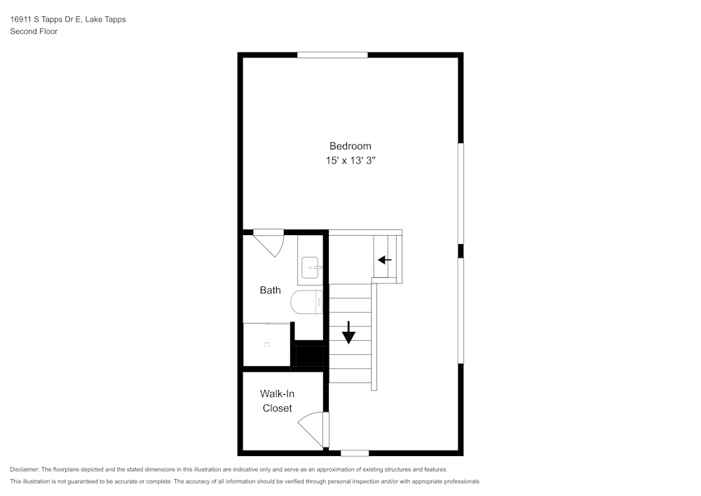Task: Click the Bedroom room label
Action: [x=350, y=146]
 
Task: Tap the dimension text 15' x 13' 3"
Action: [x=350, y=161]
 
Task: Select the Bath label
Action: [x=270, y=290]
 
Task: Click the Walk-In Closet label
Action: [x=277, y=401]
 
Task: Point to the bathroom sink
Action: [x=310, y=267]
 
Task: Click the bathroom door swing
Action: [x=270, y=242]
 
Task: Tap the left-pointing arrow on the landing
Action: [x=384, y=260]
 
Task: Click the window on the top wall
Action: [x=332, y=55]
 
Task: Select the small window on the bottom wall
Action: [x=355, y=453]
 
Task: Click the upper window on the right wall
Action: [x=461, y=194]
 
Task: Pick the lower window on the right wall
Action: [x=461, y=311]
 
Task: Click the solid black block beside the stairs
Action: [x=309, y=354]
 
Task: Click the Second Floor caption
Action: [x=34, y=32]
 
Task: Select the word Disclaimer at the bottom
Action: [x=25, y=469]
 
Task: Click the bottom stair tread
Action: [x=350, y=375]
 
